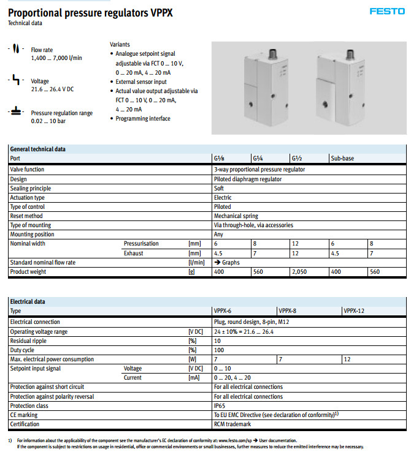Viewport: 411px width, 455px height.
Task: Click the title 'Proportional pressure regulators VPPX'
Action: [90, 11]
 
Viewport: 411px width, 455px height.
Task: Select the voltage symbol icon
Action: [15, 81]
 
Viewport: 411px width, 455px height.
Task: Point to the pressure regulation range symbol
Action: [15, 113]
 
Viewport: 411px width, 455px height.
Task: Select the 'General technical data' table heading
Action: [38, 149]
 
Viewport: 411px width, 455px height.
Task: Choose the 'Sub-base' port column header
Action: [342, 159]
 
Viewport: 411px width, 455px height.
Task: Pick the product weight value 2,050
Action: [299, 271]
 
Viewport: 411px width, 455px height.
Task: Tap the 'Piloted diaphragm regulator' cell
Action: [248, 179]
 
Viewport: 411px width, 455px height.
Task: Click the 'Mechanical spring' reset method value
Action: [236, 216]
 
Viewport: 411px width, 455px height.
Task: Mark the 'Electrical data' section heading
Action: [28, 302]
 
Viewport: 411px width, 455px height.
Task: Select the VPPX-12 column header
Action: [354, 311]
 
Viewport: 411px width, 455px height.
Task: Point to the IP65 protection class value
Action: [220, 405]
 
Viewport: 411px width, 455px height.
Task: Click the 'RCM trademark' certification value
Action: [232, 424]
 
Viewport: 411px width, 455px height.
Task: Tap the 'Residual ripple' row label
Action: [30, 340]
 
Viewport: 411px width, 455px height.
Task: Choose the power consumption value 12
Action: [347, 359]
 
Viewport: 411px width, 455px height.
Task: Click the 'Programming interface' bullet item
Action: [143, 119]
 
